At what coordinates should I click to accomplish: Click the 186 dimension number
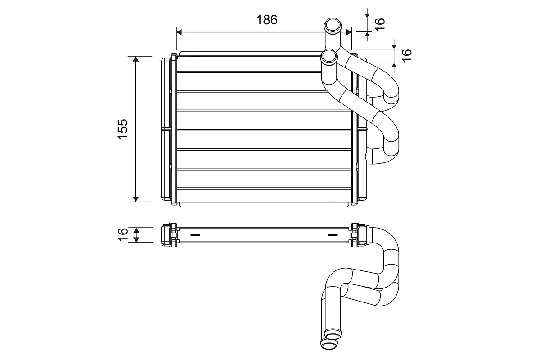coord(267,20)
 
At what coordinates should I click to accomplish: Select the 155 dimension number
coord(123,129)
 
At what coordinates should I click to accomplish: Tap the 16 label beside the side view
coord(123,234)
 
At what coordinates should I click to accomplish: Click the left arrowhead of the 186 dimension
coord(179,32)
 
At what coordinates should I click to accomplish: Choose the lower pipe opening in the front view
coord(329,57)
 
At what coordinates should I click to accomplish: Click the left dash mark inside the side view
coord(196,234)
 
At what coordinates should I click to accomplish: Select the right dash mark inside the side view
coord(332,234)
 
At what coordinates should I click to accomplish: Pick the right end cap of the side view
coord(359,234)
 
